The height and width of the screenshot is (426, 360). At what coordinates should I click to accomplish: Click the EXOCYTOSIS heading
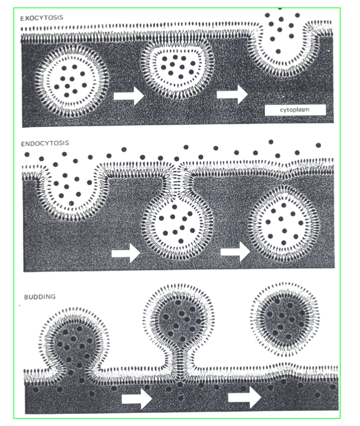[42, 18]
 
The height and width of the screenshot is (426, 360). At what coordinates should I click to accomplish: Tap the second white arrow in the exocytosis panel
[232, 93]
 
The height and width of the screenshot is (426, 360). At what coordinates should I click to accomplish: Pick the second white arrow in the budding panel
[245, 397]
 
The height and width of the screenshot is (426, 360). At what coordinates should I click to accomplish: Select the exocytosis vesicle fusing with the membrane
[177, 69]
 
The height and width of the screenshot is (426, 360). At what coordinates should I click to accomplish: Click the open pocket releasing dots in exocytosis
[284, 47]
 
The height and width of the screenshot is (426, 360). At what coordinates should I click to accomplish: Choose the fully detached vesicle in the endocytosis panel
[283, 221]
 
